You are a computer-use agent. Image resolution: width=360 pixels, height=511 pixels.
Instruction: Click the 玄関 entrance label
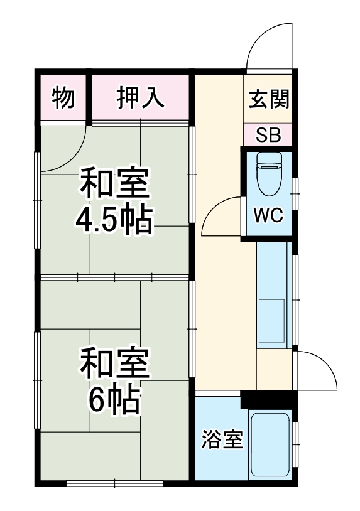point(268,99)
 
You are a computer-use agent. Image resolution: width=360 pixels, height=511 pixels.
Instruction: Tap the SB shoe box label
point(268,135)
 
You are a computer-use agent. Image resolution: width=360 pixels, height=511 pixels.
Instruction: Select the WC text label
point(268,215)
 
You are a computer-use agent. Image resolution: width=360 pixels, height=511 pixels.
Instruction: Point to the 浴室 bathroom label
point(222,440)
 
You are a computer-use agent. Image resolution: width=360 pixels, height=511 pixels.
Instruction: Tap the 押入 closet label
point(141,98)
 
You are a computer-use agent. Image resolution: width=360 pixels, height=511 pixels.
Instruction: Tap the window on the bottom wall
point(115,483)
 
